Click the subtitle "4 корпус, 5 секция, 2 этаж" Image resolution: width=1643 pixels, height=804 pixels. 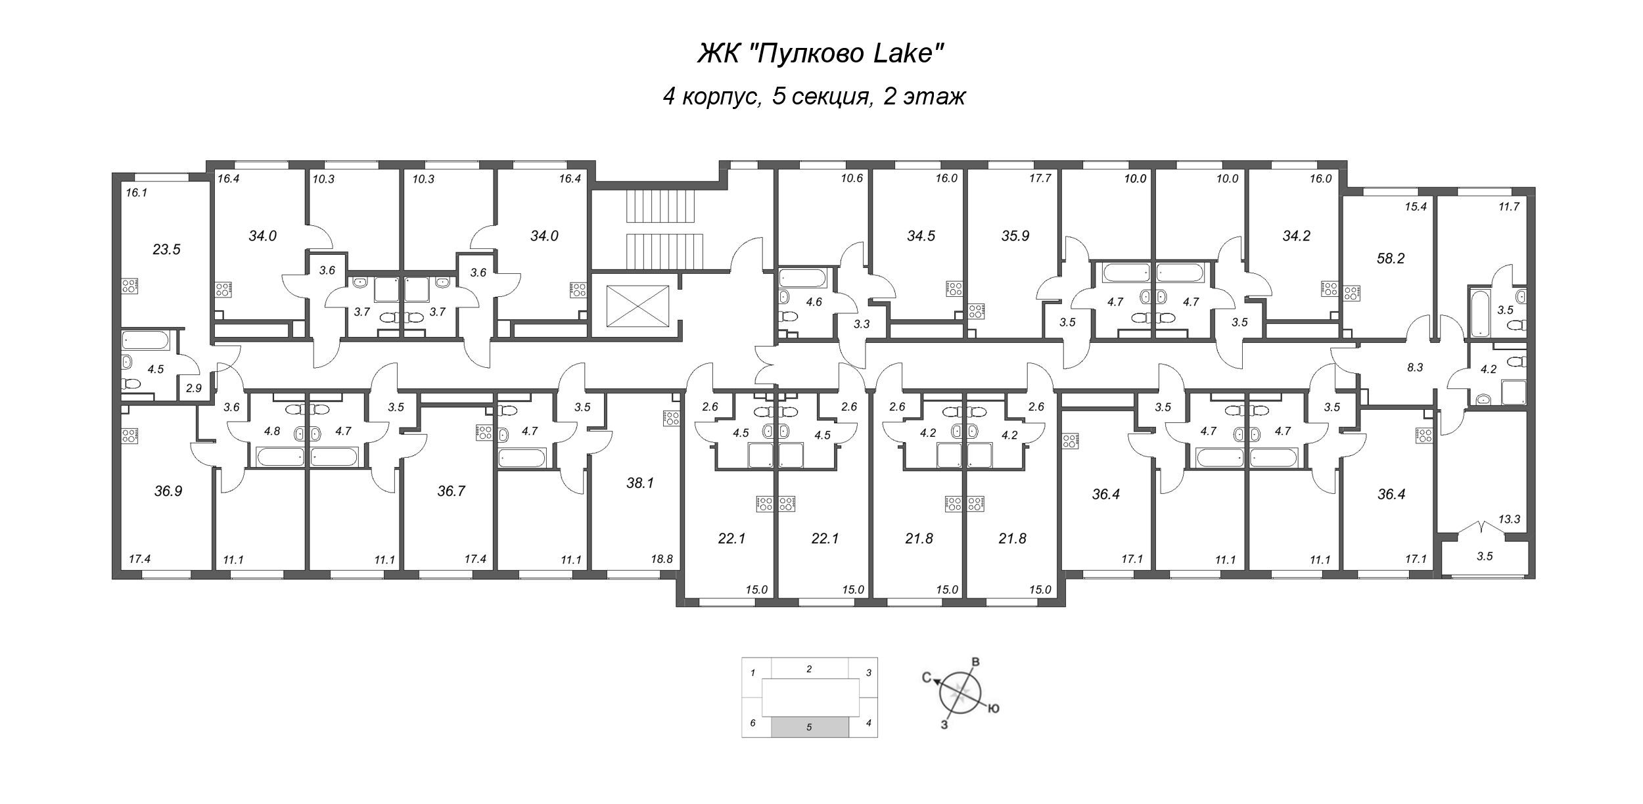(x=814, y=97)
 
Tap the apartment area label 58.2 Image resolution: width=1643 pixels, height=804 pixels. (x=1391, y=259)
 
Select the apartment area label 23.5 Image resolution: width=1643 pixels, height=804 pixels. (x=166, y=250)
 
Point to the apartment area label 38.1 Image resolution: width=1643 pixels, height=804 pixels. (x=640, y=483)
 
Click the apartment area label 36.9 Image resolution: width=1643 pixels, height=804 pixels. (x=168, y=491)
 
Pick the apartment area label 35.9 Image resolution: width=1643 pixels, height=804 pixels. (x=1015, y=236)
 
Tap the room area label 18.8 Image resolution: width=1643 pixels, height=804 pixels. (x=661, y=560)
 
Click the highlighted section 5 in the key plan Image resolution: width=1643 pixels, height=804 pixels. (x=809, y=727)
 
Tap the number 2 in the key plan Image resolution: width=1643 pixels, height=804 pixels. (x=809, y=669)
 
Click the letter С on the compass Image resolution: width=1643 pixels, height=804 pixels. (x=927, y=680)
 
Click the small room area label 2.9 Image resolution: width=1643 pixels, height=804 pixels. (x=193, y=388)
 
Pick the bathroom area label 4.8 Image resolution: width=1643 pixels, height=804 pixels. (x=272, y=432)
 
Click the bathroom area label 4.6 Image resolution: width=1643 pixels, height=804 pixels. (x=814, y=303)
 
